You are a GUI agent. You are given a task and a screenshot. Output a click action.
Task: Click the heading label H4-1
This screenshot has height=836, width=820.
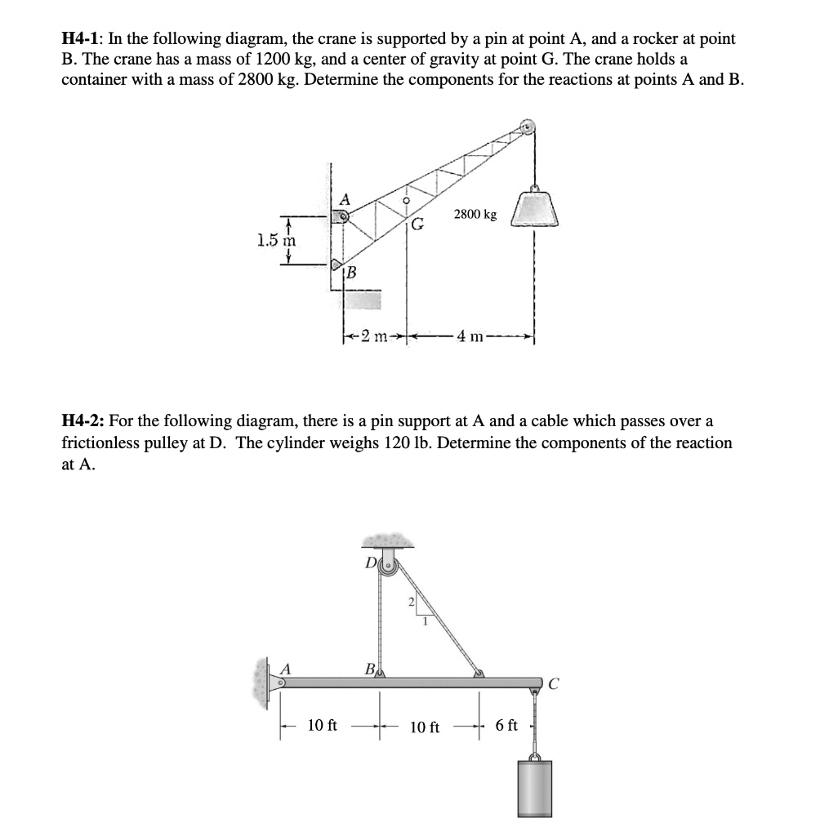tap(82, 38)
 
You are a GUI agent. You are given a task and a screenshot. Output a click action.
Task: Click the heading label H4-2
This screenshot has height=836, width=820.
tap(82, 421)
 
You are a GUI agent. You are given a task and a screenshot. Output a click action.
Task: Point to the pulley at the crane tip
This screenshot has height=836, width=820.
tap(527, 127)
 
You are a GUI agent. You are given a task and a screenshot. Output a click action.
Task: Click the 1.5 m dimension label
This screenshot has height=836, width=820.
tap(276, 241)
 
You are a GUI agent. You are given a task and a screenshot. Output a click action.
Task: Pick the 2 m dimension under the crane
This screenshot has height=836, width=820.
tap(374, 336)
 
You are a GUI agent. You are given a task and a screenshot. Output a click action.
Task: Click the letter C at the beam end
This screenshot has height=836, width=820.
tap(554, 687)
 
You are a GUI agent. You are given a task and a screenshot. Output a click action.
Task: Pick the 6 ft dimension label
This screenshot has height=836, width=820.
tap(506, 724)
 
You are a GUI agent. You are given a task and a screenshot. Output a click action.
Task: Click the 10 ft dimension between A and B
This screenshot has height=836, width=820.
tap(323, 724)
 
